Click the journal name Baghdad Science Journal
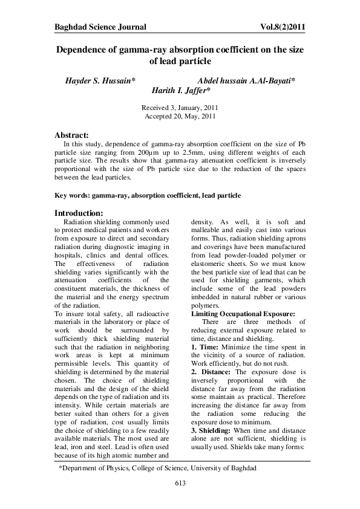point(100,27)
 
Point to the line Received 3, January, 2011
point(180,107)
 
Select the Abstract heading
point(72,134)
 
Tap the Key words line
point(148,196)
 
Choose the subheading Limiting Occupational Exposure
point(243,314)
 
